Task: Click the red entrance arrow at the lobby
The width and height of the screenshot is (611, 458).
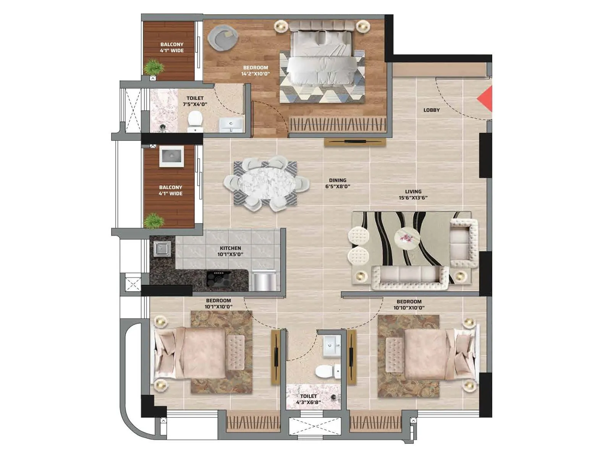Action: click(x=486, y=99)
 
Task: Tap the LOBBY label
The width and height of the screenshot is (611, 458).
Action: click(x=432, y=110)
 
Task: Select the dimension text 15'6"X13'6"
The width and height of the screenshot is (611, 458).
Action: click(x=413, y=198)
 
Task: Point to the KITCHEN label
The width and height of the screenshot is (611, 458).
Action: click(x=230, y=248)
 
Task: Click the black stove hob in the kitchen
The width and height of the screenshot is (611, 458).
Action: click(x=219, y=279)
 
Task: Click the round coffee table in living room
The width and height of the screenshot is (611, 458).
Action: click(x=407, y=238)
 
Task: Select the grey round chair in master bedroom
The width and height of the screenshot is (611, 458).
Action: click(x=223, y=37)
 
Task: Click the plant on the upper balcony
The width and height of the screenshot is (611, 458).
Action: click(x=154, y=67)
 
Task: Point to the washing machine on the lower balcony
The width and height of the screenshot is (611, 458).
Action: click(x=171, y=156)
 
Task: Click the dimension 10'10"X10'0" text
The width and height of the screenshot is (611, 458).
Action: click(x=409, y=308)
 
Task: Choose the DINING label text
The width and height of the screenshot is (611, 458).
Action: click(x=338, y=180)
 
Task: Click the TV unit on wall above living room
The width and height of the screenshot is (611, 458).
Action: click(x=355, y=142)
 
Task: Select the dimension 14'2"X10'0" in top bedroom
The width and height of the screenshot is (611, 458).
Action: click(x=255, y=74)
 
